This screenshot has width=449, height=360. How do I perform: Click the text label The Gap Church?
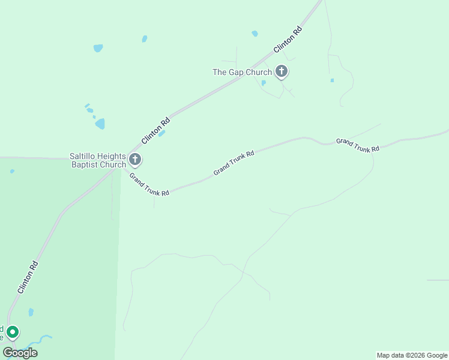242,73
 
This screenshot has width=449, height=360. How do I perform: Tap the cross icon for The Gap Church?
282,72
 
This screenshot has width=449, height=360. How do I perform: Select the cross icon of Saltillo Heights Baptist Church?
135,160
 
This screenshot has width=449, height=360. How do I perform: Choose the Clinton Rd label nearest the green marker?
28,276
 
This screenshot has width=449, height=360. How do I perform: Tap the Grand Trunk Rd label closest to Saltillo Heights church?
149,185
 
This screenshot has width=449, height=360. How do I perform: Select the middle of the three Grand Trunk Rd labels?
234,163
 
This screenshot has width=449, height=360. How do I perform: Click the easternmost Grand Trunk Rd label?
358,145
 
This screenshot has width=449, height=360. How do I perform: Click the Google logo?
20,353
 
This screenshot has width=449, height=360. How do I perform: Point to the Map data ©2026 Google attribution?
412,355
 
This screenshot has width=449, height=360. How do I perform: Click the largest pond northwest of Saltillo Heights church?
100,124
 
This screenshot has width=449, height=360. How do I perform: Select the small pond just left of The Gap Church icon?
264,83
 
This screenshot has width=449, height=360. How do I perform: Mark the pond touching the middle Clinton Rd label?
161,133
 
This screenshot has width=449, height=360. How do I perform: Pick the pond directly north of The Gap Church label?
255,34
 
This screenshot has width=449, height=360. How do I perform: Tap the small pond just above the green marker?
31,312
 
